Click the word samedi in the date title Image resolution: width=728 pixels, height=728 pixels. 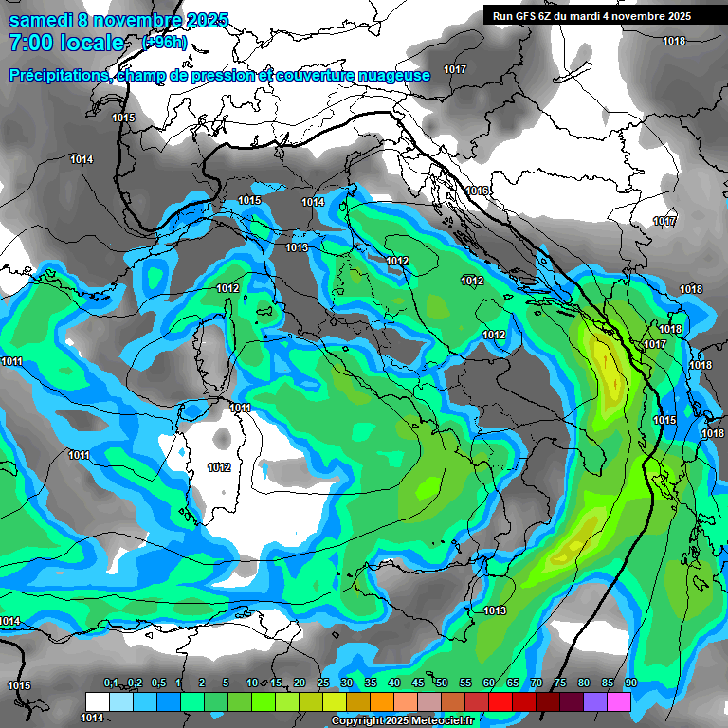[41, 20]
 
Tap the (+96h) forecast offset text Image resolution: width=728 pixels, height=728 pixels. [163, 43]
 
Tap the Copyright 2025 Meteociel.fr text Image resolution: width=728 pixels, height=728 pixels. [401, 721]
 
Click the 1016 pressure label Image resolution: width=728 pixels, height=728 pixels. [477, 191]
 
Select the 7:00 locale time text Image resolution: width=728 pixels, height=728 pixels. [66, 44]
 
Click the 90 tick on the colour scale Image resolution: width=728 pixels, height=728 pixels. [630, 683]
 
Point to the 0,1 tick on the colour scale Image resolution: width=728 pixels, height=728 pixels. [111, 683]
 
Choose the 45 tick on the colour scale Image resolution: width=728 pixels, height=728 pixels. [418, 683]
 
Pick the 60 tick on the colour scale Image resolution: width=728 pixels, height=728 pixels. [489, 683]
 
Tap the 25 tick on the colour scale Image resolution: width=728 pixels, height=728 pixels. [323, 683]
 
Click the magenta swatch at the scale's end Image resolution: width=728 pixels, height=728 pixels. [619, 701]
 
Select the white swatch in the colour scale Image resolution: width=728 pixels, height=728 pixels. [98, 701]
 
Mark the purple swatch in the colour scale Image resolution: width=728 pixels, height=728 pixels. [595, 701]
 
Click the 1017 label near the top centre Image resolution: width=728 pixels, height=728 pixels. [455, 70]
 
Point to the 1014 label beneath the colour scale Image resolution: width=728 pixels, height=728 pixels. [92, 718]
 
